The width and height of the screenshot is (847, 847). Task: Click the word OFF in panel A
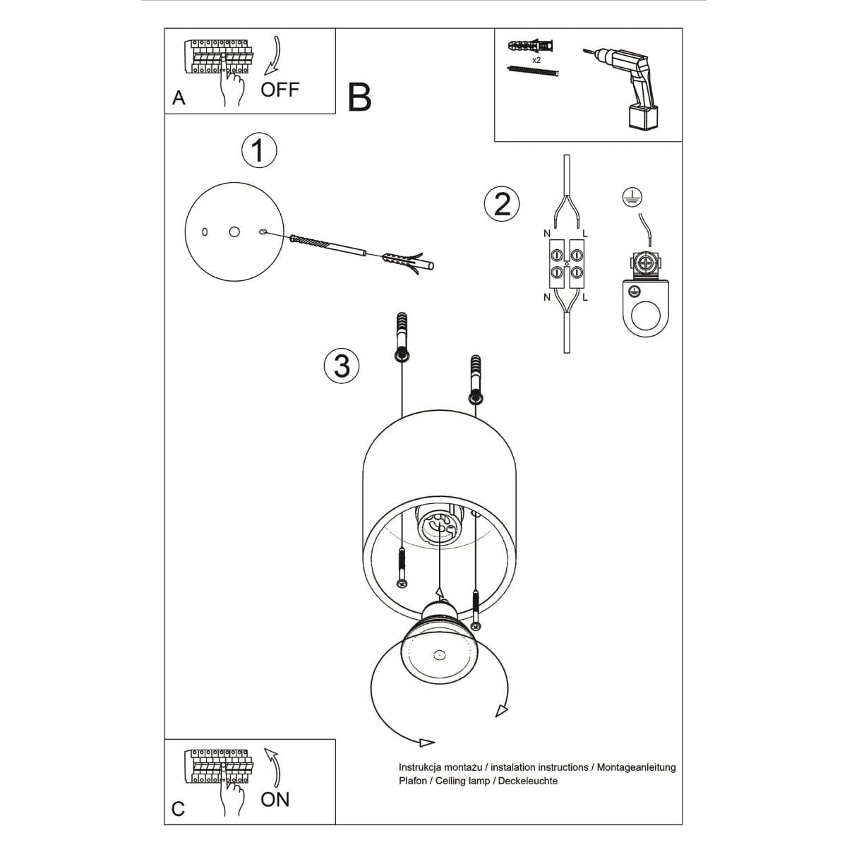(280, 90)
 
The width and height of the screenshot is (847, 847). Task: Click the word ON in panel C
(275, 799)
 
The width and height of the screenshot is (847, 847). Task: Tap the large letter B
(360, 97)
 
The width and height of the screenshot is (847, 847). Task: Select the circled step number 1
(259, 150)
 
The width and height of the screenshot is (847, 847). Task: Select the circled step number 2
(502, 204)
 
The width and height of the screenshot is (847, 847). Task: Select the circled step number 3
(342, 366)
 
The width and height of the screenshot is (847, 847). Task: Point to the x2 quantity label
(536, 61)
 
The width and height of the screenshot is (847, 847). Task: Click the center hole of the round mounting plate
(234, 232)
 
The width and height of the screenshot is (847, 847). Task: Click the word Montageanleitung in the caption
(636, 767)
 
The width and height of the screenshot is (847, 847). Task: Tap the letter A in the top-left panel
(179, 98)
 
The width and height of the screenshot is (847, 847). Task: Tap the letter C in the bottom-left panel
(178, 808)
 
